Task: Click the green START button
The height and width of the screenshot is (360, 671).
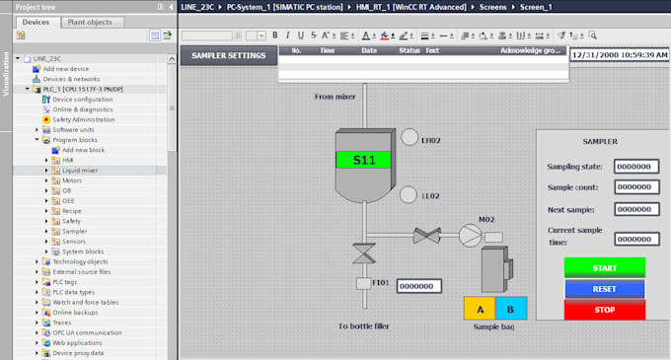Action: (604, 267)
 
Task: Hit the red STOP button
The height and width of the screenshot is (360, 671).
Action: (604, 310)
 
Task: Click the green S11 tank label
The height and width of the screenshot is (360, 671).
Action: (363, 159)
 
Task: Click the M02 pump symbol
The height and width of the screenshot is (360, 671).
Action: (469, 234)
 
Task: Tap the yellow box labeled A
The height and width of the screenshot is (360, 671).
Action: (479, 308)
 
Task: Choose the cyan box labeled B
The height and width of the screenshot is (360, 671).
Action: (511, 308)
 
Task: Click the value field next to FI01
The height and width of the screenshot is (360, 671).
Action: (418, 286)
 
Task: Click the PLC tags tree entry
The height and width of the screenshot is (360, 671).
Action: (70, 282)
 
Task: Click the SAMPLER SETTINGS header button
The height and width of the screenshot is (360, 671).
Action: (228, 55)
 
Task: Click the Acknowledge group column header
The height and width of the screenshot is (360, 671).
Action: (530, 49)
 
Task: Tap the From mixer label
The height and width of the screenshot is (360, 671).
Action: (336, 97)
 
